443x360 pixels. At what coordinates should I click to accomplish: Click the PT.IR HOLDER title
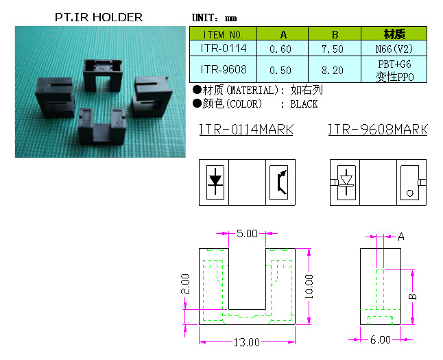coord(99,17)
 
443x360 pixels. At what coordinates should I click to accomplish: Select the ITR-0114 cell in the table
coord(223,48)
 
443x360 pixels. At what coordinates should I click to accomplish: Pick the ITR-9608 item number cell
coord(223,69)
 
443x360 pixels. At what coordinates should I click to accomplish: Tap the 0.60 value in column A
coord(280,49)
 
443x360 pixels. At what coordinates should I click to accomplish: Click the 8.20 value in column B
coord(332,70)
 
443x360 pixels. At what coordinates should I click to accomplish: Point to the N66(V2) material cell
coord(394,49)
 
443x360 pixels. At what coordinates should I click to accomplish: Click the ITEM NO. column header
coord(223,34)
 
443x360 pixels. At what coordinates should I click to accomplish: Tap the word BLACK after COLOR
coord(304,104)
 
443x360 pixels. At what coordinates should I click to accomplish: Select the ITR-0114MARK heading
coord(246,130)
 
